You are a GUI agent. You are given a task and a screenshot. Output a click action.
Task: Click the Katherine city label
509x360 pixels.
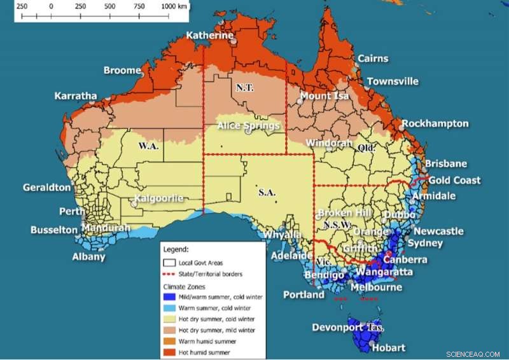209,36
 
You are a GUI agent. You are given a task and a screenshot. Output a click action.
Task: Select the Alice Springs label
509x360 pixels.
248,125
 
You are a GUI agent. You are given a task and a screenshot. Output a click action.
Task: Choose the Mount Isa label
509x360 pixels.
324,96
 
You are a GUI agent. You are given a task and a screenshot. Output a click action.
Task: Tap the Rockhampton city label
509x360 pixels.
435,123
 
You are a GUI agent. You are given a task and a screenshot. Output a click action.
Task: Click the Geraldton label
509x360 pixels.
46,188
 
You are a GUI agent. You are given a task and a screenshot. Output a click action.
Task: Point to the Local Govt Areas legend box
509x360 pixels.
170,263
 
